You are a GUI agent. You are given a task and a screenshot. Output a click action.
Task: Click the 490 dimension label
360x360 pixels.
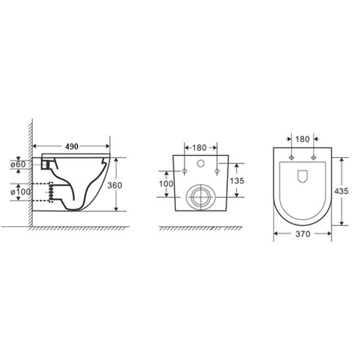tap(71, 146)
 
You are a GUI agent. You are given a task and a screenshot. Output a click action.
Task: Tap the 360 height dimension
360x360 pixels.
tap(115, 185)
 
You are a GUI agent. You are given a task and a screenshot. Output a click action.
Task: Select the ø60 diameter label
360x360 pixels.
tap(18, 164)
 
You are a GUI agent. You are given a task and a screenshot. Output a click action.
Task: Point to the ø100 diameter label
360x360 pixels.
tap(20, 192)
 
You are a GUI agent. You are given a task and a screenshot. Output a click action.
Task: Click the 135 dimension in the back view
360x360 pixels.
tap(237, 181)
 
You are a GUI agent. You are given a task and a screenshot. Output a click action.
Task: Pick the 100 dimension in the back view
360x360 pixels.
tap(166, 184)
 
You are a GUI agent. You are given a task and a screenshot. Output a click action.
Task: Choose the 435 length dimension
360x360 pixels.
tap(341, 191)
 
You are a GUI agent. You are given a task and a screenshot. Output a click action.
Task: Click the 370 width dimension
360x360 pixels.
tap(303, 234)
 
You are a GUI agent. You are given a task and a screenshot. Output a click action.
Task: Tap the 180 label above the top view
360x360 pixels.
tap(302, 139)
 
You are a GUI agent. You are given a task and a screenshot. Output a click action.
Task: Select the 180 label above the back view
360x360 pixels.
tap(199, 148)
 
